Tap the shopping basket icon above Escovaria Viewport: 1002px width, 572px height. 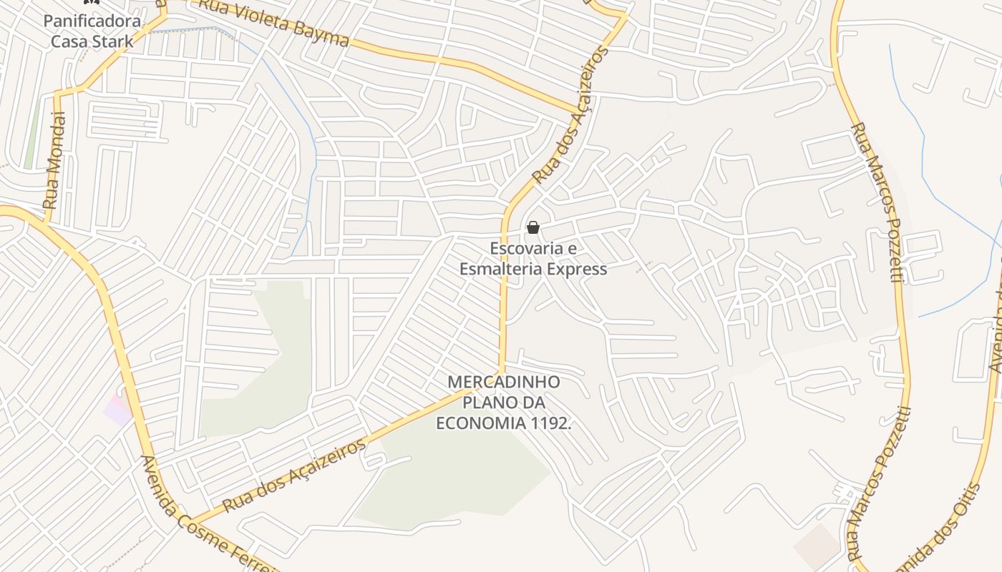pos(532,228)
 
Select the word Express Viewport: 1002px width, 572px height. pos(576,269)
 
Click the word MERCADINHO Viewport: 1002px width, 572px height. pos(503,382)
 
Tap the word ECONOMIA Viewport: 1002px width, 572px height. pos(481,423)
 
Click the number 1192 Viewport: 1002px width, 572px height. pos(551,423)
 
